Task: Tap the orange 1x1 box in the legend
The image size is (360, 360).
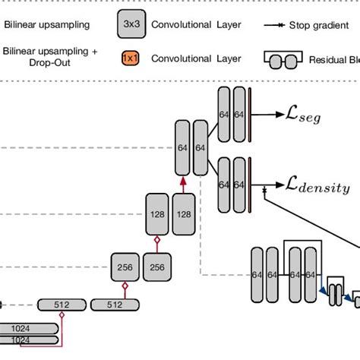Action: coord(130,58)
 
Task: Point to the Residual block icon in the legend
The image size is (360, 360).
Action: coord(285,58)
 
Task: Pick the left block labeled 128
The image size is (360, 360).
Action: coord(157,214)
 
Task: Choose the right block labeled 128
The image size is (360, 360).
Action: coord(184,214)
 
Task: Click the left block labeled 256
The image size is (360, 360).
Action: coord(126,267)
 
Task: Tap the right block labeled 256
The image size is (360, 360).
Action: coord(157,267)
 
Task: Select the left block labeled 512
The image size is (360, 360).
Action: coord(61,305)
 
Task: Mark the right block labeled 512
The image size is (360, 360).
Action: coord(115,305)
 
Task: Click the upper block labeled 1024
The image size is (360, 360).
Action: coord(29,328)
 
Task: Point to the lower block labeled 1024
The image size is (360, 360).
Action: coord(29,340)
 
